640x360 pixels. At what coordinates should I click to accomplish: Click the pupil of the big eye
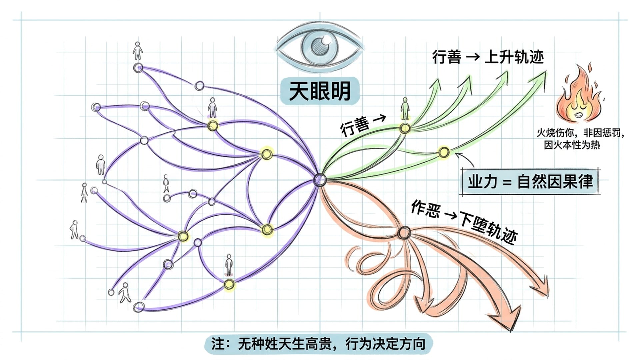[320, 45]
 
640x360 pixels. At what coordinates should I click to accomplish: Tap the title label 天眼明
[320, 91]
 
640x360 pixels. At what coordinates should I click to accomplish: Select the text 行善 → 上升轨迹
[488, 57]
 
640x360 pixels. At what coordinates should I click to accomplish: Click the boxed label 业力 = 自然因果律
[530, 182]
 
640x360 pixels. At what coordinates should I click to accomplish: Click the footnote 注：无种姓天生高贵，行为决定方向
[318, 344]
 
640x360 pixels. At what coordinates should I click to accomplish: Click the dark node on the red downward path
[404, 232]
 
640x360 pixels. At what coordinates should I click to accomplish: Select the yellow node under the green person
[405, 128]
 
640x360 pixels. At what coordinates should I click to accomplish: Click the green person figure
[405, 109]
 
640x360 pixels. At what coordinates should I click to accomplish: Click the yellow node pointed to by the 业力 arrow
[444, 152]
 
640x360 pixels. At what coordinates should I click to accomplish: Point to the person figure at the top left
[137, 51]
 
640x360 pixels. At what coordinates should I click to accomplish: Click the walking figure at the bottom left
[125, 292]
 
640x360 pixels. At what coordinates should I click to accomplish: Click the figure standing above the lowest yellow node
[229, 265]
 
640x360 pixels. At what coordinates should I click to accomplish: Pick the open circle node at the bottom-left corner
[138, 307]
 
